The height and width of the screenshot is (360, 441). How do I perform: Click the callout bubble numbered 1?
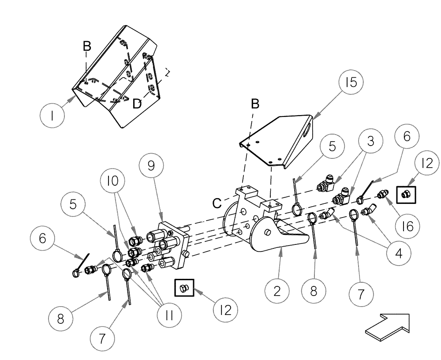click(52, 116)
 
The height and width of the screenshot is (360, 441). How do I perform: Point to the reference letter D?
click(138, 104)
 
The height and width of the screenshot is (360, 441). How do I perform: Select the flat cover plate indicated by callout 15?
click(278, 141)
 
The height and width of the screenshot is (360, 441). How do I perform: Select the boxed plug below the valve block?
click(184, 289)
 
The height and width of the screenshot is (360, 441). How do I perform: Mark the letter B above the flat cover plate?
click(255, 104)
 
